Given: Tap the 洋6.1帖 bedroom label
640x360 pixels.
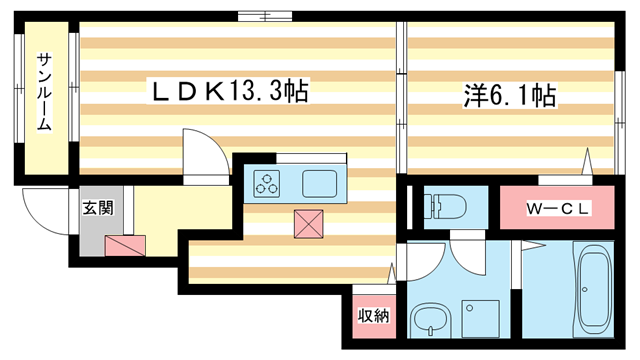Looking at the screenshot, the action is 509,96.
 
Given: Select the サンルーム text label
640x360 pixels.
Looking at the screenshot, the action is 44,92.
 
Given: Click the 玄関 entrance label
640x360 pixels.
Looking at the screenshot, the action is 98,208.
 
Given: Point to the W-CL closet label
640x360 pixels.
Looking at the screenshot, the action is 557,209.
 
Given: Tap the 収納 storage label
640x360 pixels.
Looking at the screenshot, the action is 374,315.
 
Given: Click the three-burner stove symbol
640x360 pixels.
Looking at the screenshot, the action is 267,184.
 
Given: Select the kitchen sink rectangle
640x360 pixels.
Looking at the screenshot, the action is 320,184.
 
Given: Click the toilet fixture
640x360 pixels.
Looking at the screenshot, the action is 444,205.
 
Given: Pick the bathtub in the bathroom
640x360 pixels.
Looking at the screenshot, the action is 594,289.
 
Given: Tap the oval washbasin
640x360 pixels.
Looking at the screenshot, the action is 430,319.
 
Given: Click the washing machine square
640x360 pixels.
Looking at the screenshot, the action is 480,319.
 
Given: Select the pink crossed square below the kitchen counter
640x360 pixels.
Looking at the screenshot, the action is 309,224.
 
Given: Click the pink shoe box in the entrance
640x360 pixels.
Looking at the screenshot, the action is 125,245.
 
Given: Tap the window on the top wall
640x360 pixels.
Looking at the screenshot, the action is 265,16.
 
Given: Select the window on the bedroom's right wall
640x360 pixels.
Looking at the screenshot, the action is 620,122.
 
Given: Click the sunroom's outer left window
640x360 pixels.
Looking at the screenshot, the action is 19,88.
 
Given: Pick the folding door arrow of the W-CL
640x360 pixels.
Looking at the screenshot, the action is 587,161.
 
